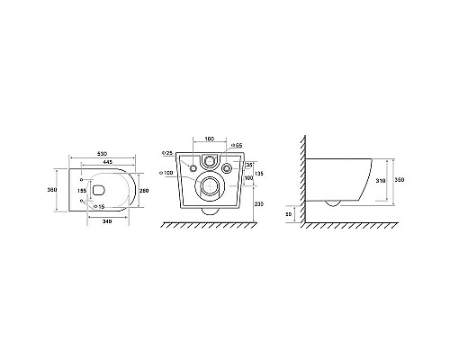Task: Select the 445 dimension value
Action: [x=106, y=163]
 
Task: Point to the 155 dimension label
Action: [x=82, y=191]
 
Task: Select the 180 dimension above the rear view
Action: [x=209, y=139]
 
